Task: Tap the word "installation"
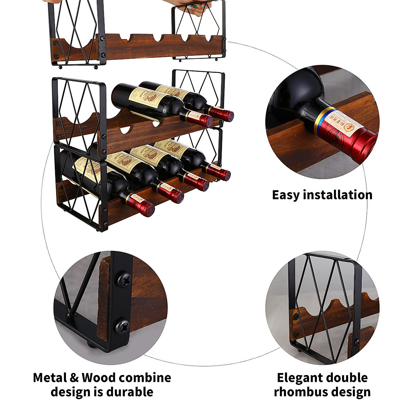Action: point(337,195)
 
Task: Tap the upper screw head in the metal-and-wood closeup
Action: point(124,280)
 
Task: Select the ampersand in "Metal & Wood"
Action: point(75,378)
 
